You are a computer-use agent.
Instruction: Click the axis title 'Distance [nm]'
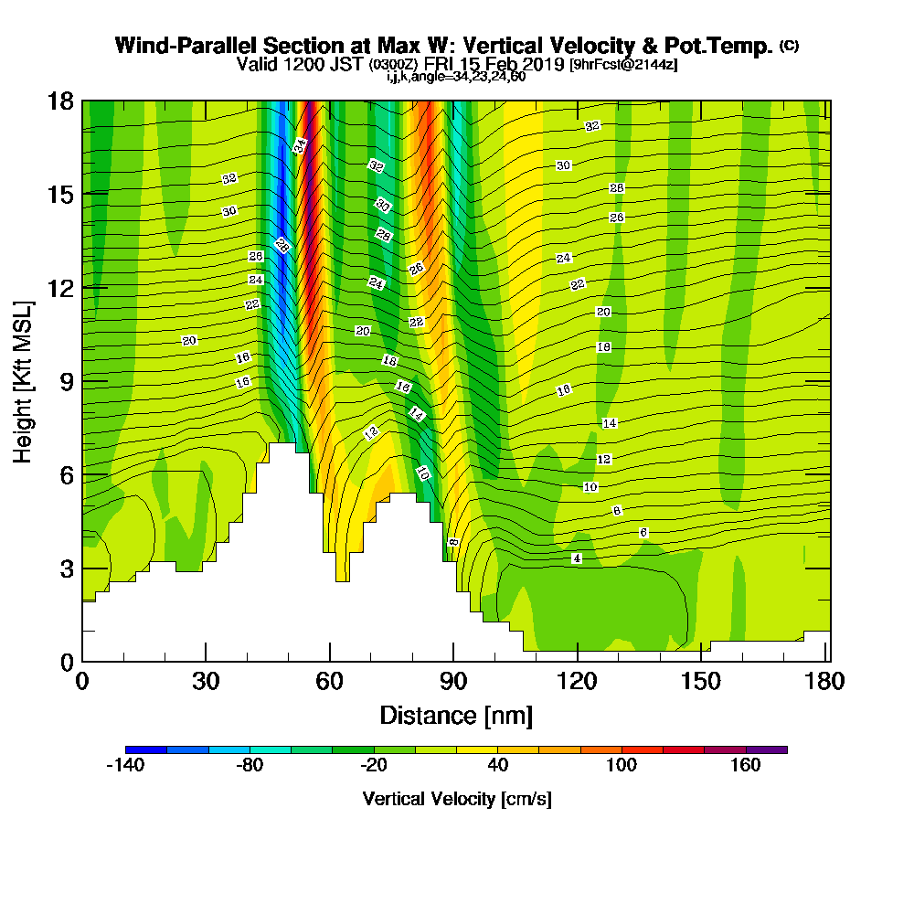pyautogui.click(x=456, y=715)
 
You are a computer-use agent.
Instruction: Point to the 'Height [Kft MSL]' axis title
pyautogui.click(x=23, y=380)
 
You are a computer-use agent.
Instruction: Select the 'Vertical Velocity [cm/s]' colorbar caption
pyautogui.click(x=456, y=799)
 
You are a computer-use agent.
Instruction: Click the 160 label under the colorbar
pyautogui.click(x=746, y=766)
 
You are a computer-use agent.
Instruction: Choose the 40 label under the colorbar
pyautogui.click(x=498, y=766)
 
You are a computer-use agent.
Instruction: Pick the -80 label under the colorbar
pyautogui.click(x=250, y=766)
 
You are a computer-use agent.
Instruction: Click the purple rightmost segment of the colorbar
pyautogui.click(x=766, y=749)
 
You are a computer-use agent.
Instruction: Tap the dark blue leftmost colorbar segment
pyautogui.click(x=145, y=749)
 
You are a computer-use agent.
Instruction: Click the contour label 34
pyautogui.click(x=299, y=145)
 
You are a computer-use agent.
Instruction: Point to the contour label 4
pyautogui.click(x=576, y=558)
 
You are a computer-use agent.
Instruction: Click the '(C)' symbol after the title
pyautogui.click(x=789, y=46)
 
